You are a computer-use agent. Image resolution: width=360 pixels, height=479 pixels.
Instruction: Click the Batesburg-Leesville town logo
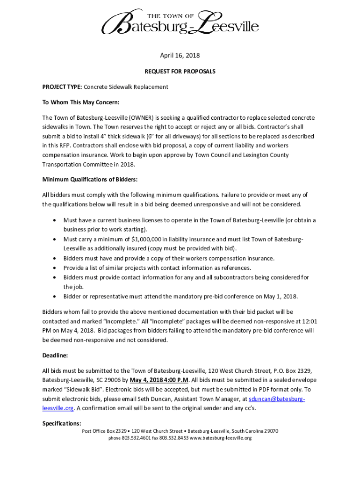coord(180,22)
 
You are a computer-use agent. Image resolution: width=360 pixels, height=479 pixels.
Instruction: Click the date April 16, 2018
coord(180,55)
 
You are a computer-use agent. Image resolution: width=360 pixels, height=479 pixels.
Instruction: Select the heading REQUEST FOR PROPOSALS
coord(180,72)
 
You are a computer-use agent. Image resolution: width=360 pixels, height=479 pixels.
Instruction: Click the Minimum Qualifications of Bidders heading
coord(90,179)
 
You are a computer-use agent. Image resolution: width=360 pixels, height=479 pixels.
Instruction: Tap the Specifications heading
coord(62,423)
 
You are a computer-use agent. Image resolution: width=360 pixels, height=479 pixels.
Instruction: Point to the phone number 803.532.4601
coord(136,438)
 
